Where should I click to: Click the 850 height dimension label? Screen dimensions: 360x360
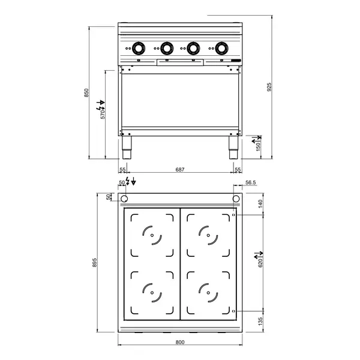pos(86,92)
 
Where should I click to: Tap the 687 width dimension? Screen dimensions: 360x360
pos(179,170)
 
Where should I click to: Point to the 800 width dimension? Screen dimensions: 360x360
pos(179,342)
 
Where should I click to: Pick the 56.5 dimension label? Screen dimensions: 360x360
pos(250,182)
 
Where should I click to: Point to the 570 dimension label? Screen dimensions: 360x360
pos(103,113)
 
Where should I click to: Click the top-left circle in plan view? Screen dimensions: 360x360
pos(124,199)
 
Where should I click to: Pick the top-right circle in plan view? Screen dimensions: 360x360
pos(236,199)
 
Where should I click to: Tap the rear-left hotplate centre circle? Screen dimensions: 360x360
pos(152,235)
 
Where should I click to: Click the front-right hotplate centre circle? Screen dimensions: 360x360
pos(209,292)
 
